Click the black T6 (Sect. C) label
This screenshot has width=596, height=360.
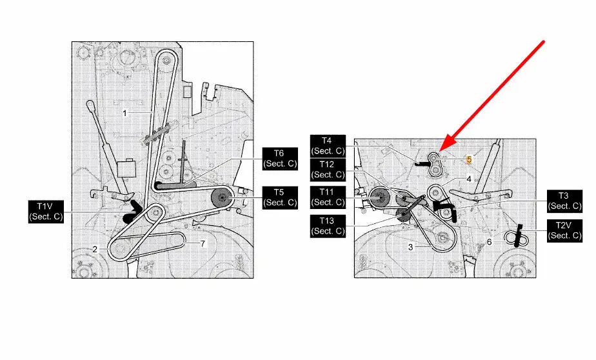click(x=280, y=159)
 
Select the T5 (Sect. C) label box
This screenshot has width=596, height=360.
click(x=280, y=197)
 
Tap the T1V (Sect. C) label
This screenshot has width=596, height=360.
click(x=46, y=212)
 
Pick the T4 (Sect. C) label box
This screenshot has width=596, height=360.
click(x=328, y=146)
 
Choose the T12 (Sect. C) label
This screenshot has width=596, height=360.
click(x=328, y=170)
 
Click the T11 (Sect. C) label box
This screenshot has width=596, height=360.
click(x=328, y=197)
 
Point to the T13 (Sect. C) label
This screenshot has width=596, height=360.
click(x=328, y=226)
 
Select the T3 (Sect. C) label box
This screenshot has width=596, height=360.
click(x=564, y=201)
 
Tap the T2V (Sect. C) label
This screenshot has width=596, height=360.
click(x=564, y=231)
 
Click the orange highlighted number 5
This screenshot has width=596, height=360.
click(x=469, y=159)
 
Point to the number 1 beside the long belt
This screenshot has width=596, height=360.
click(x=124, y=114)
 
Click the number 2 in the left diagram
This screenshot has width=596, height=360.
click(x=95, y=250)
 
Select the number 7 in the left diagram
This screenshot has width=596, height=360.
click(x=203, y=244)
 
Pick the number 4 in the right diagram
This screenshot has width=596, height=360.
click(x=469, y=179)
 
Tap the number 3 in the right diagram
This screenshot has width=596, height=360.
click(x=410, y=247)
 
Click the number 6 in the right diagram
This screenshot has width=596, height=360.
click(x=489, y=242)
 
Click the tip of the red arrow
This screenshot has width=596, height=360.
click(x=440, y=152)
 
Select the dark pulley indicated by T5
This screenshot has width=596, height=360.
click(x=223, y=197)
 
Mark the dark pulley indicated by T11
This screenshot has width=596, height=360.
click(x=378, y=197)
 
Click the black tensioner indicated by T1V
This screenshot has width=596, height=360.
click(x=133, y=212)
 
